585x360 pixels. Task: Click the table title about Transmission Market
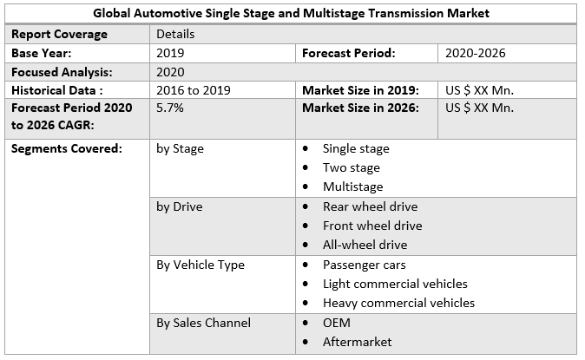point(292,13)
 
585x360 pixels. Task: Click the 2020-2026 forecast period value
point(475,53)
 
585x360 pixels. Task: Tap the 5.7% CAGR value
point(169,108)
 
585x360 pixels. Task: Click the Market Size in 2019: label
point(360,90)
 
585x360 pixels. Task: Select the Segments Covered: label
point(67,148)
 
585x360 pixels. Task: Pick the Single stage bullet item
point(356,149)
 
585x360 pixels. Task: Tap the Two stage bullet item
point(351,167)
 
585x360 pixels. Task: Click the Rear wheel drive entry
point(370,206)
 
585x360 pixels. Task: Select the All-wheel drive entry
point(365,245)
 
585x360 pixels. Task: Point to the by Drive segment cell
point(180,206)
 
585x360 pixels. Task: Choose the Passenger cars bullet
point(364,265)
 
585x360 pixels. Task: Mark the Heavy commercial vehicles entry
point(398,303)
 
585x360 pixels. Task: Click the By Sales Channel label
point(203,323)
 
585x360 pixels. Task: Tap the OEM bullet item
point(337,323)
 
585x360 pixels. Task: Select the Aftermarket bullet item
point(357,342)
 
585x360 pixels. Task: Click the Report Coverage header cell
point(59,34)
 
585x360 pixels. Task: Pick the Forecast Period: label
point(348,53)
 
